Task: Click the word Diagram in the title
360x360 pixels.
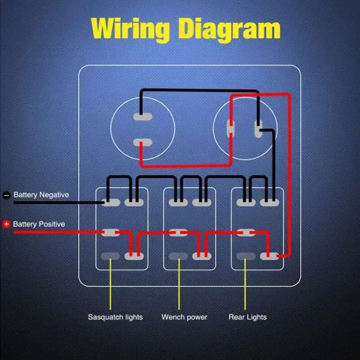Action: [x=229, y=29]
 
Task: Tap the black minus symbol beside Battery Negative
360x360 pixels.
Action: [x=7, y=195]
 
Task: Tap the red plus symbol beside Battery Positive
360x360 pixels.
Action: [x=6, y=224]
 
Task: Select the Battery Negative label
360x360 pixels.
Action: [x=41, y=195]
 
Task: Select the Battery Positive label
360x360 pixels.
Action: [x=39, y=224]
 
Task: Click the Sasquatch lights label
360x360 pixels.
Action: [x=115, y=317]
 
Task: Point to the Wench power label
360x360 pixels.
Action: [x=184, y=317]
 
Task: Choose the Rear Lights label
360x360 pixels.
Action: [x=247, y=317]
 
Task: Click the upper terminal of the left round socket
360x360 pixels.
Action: [x=143, y=117]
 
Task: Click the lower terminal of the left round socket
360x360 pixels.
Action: [x=143, y=144]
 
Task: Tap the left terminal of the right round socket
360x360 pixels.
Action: [x=230, y=128]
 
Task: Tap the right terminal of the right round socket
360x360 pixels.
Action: [x=258, y=128]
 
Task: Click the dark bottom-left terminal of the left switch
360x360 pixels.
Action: [x=110, y=256]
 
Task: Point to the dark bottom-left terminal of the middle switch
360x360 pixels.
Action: [x=178, y=256]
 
